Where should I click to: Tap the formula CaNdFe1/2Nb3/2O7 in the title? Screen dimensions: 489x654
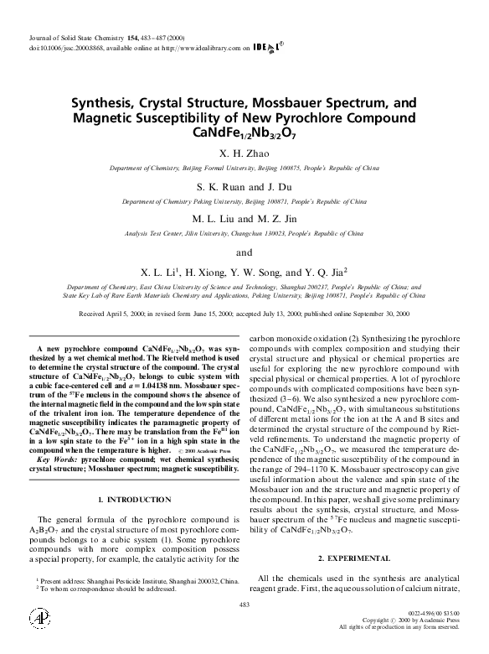point(244,132)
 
